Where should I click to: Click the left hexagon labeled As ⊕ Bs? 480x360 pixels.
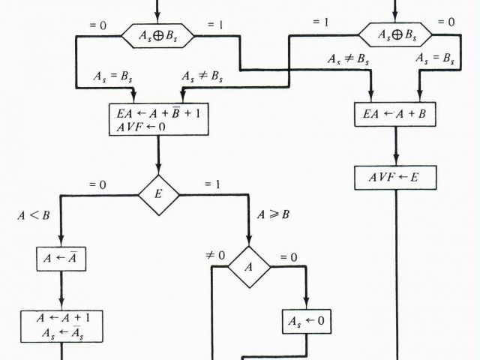click(158, 34)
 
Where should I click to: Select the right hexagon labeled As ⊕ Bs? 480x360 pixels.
click(395, 34)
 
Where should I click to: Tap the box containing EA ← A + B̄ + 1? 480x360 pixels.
click(157, 121)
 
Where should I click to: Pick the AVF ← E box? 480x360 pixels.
click(394, 178)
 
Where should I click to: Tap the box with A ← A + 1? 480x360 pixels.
click(59, 325)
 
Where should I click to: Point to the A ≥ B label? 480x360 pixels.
click(273, 214)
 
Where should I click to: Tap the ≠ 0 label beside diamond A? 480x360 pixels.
click(216, 256)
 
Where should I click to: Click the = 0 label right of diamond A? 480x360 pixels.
click(288, 256)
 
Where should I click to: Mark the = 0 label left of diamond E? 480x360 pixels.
click(97, 184)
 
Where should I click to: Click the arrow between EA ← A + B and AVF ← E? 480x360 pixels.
click(394, 145)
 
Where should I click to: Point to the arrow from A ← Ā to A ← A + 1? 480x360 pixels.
click(59, 289)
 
